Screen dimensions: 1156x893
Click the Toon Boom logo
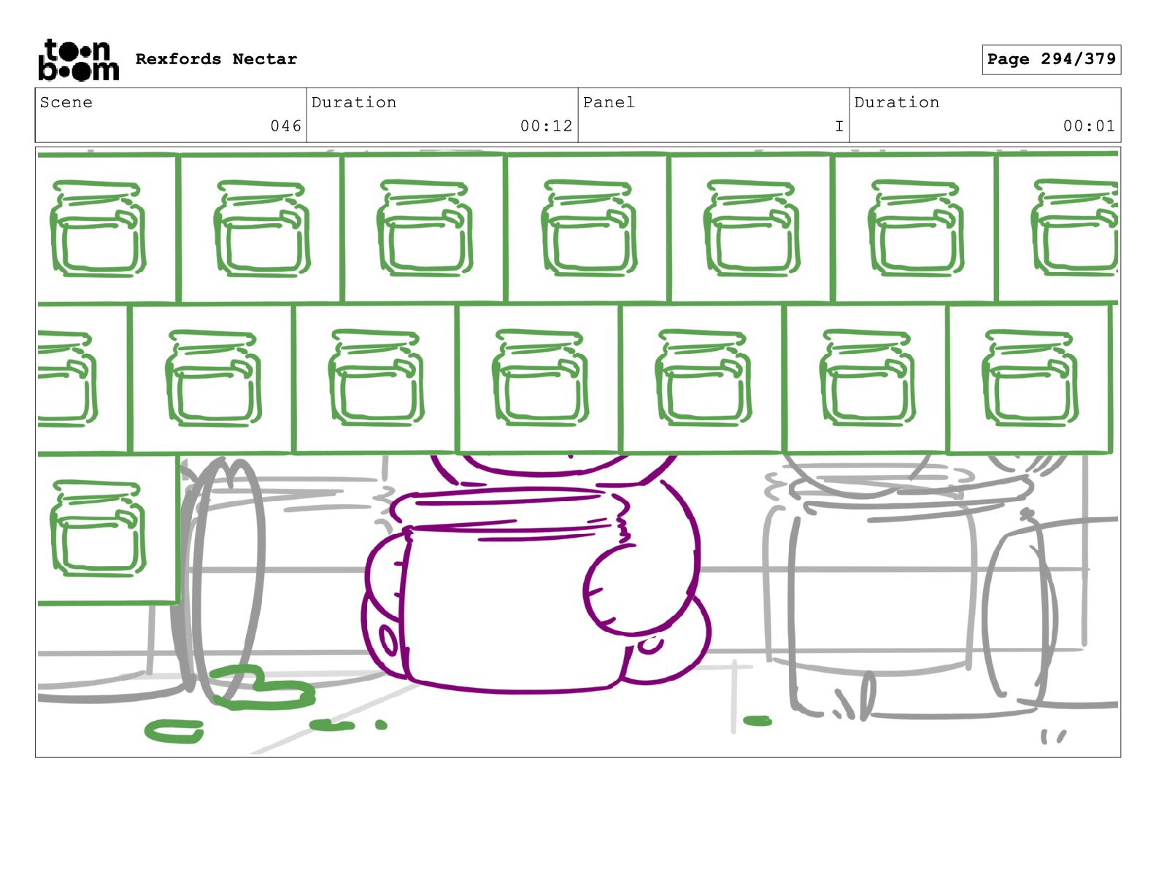(79, 60)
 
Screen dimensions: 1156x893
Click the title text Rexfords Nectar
(216, 59)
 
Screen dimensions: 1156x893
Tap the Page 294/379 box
(1051, 59)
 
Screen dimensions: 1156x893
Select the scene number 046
(285, 126)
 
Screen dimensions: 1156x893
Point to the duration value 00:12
(547, 126)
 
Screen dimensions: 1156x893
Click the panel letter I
(839, 126)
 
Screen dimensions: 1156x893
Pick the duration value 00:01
(1089, 126)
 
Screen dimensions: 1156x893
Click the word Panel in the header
(609, 102)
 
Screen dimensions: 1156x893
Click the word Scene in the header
(66, 102)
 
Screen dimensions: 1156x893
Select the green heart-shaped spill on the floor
(263, 689)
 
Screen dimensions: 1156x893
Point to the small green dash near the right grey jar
(757, 722)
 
